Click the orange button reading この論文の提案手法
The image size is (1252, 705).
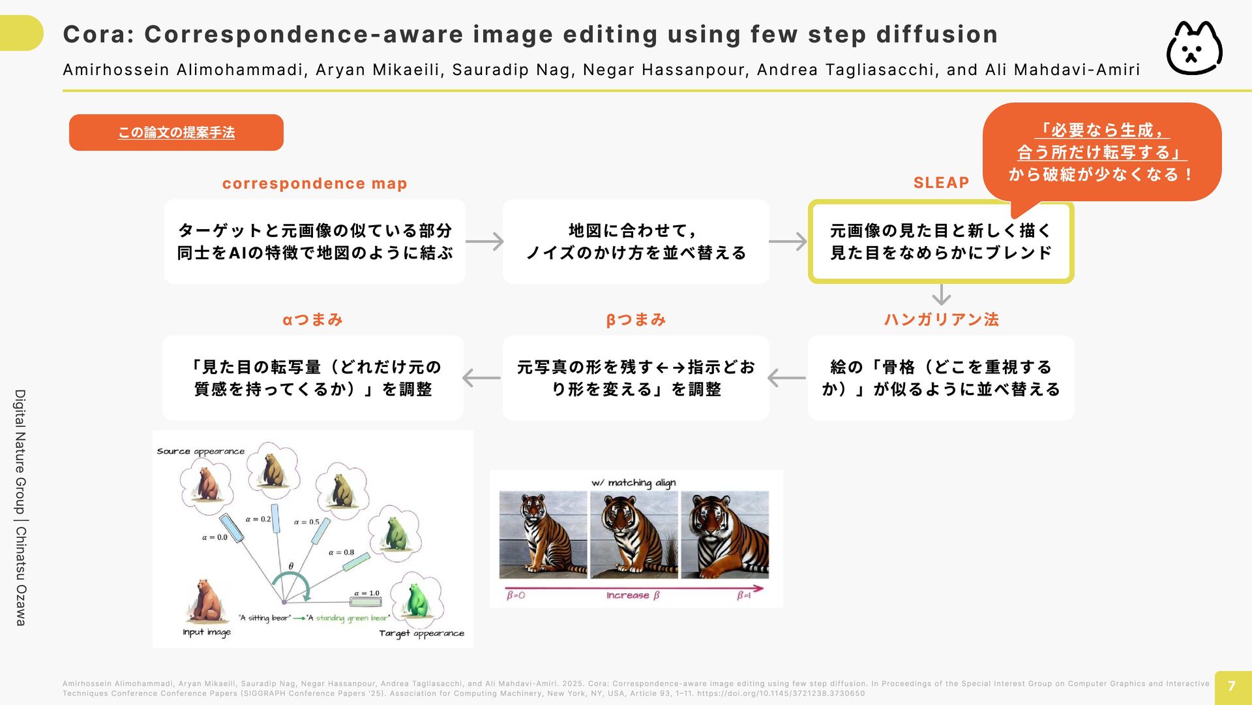pos(176,133)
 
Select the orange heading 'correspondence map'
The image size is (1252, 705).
pos(315,183)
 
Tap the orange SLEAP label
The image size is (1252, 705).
pos(941,183)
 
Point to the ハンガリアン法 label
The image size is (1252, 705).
pos(941,319)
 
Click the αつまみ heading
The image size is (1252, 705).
pos(312,319)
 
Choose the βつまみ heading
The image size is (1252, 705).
pos(636,319)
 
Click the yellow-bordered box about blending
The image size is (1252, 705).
pos(941,242)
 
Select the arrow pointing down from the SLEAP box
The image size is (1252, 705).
pos(941,294)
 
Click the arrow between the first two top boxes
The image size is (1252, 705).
pos(484,242)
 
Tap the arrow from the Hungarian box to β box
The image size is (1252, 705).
pos(787,378)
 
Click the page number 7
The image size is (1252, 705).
pos(1232,686)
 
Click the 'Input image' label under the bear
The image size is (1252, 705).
pos(207,632)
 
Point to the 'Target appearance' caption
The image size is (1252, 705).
pos(422,633)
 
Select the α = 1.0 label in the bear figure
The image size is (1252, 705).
pos(366,593)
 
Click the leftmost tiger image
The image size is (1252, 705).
pos(543,535)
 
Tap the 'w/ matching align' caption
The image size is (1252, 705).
pos(633,483)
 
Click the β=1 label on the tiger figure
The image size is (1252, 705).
pos(744,595)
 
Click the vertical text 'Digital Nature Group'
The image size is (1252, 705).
pos(21,452)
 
